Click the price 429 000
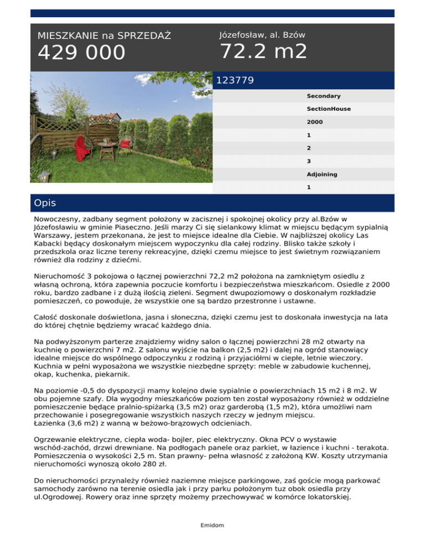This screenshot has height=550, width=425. (81, 53)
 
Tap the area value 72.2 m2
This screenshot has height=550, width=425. (263, 51)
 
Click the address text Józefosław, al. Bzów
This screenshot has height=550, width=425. (262, 35)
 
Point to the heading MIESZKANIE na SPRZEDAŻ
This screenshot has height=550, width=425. (104, 36)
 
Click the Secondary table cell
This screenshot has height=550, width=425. (324, 96)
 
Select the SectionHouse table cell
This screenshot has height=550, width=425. (329, 109)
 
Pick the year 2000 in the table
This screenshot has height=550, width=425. (315, 122)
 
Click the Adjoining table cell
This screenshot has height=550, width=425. (322, 174)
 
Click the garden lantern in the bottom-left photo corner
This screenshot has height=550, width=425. (43, 177)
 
